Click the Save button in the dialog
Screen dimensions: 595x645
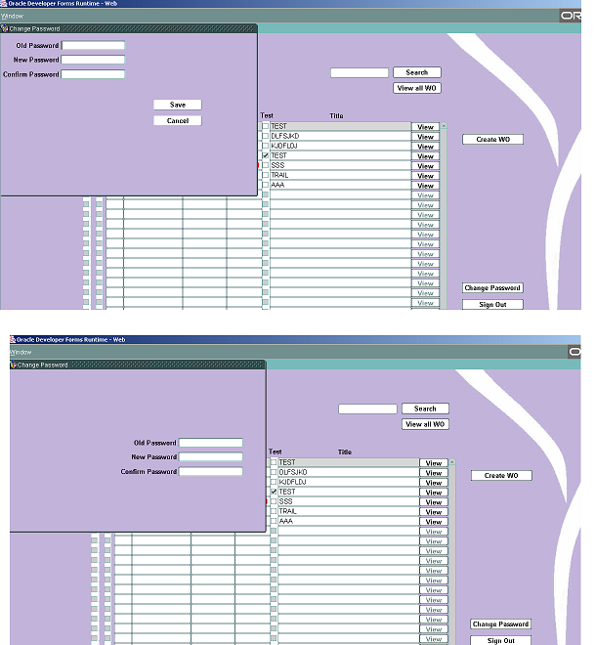tap(178, 105)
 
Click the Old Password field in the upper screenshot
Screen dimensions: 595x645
tap(93, 45)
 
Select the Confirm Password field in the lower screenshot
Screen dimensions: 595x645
tap(210, 471)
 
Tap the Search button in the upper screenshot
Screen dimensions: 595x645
tap(417, 72)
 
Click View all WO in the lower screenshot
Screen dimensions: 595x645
tap(425, 424)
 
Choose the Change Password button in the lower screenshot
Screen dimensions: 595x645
tap(500, 624)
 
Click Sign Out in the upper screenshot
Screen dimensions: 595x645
tap(492, 304)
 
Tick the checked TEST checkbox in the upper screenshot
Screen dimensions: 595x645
tap(265, 155)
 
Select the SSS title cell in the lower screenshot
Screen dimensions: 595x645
tap(348, 501)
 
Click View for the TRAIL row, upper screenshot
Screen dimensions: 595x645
tap(426, 176)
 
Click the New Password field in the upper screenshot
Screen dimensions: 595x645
tap(93, 60)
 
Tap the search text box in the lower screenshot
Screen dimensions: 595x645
tap(367, 408)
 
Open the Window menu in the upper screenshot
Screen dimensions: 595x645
tap(12, 16)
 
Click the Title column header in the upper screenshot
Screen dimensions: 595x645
tap(336, 116)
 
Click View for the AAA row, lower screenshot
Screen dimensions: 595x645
tap(434, 522)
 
